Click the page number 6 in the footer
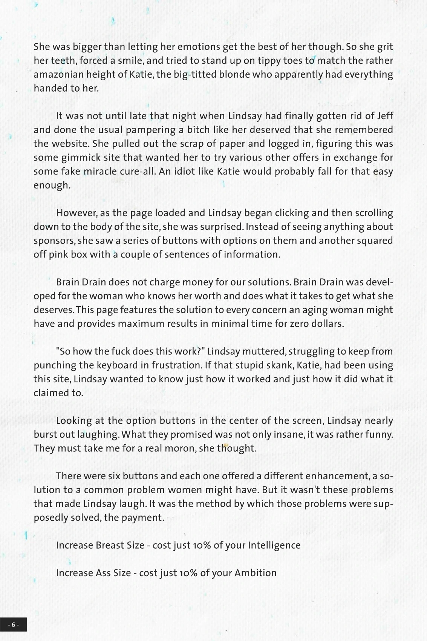(13, 625)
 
